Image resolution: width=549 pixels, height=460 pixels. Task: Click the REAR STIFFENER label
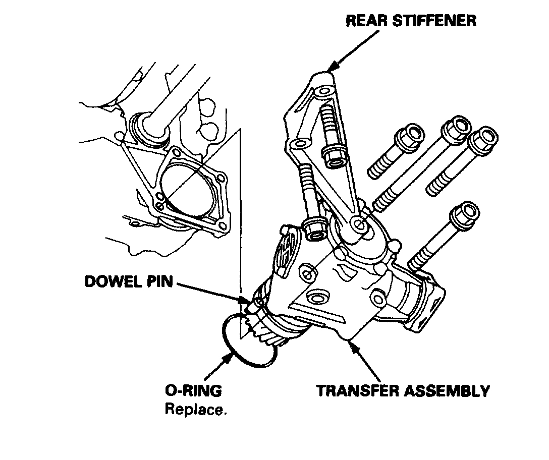tap(410, 21)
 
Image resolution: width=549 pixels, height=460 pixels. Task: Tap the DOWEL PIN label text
tap(129, 281)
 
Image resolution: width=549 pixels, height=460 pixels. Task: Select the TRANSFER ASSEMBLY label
tap(403, 391)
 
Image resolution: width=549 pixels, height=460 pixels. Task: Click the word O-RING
tap(193, 391)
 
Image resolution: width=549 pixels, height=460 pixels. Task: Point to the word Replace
tap(195, 410)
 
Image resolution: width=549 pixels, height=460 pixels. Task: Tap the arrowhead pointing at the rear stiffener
tap(331, 67)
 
